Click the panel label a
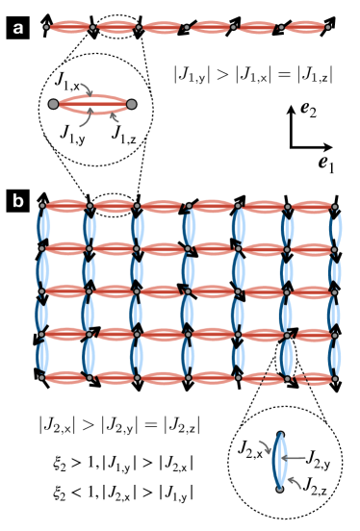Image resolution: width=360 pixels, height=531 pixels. (16, 29)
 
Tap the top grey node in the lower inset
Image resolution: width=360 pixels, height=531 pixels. (280, 435)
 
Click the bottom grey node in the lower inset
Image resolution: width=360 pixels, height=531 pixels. (280, 489)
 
